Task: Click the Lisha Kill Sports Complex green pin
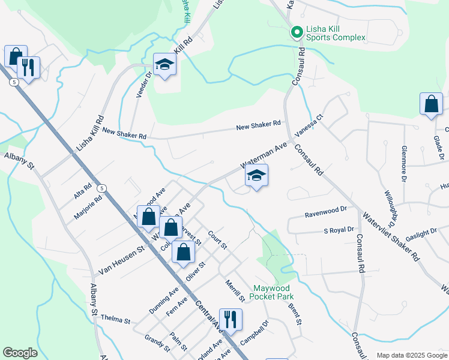(296, 32)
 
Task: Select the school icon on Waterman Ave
(256, 176)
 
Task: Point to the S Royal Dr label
(339, 230)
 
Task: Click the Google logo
(20, 353)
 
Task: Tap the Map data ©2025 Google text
(411, 355)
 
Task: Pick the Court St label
(217, 240)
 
